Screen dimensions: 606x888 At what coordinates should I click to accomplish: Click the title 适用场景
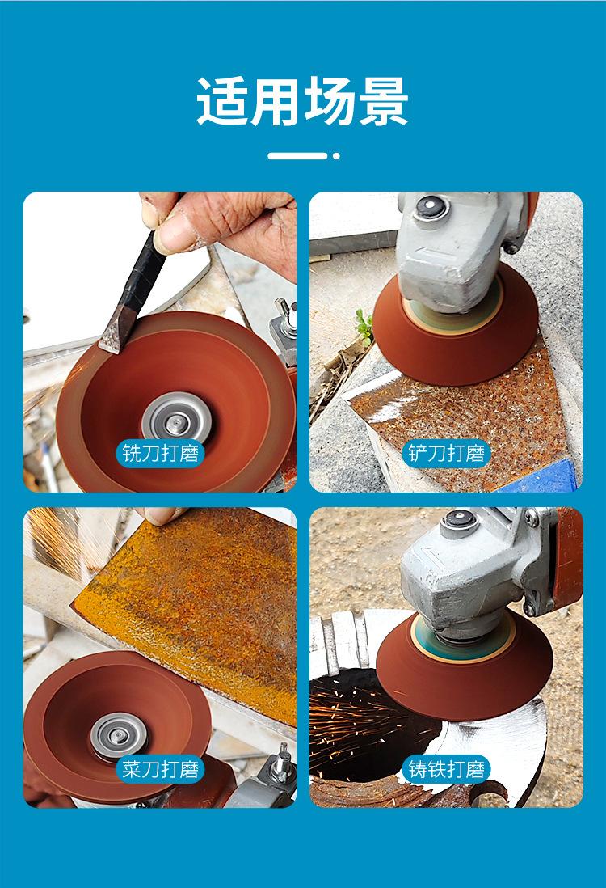pyautogui.click(x=302, y=101)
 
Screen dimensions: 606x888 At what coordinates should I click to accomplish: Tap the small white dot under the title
pyautogui.click(x=336, y=156)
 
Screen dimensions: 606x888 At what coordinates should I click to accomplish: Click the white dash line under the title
pyautogui.click(x=297, y=156)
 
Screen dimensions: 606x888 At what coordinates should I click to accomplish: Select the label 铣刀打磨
pyautogui.click(x=161, y=453)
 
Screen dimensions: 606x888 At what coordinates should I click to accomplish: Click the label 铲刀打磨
pyautogui.click(x=447, y=453)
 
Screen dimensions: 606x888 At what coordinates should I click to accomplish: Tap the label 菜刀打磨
pyautogui.click(x=161, y=769)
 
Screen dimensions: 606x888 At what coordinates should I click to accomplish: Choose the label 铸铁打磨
pyautogui.click(x=447, y=769)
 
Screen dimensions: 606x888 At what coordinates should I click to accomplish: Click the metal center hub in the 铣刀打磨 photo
pyautogui.click(x=176, y=420)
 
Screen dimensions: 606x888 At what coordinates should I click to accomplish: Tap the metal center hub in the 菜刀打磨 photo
pyautogui.click(x=119, y=736)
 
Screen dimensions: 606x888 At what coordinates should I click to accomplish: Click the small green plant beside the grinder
pyautogui.click(x=364, y=326)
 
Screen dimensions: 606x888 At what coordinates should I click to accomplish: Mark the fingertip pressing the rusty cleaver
pyautogui.click(x=159, y=514)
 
